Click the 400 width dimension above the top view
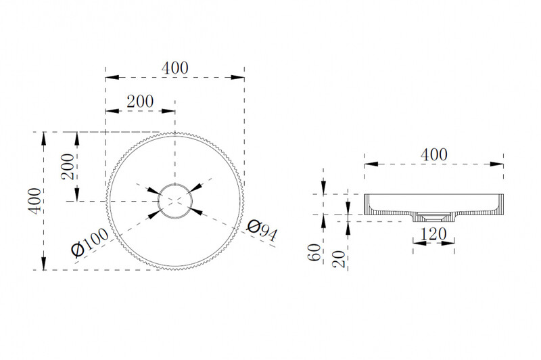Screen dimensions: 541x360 click(175, 68)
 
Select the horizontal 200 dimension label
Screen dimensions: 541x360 click(140, 102)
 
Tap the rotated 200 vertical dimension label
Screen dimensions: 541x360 click(68, 166)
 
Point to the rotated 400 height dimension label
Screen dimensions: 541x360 click(34, 201)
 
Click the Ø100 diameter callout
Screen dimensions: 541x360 click(89, 243)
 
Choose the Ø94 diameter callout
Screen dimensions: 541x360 click(262, 231)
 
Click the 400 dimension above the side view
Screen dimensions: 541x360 click(434, 155)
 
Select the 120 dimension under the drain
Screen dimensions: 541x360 click(433, 234)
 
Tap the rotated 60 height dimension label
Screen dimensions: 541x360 click(314, 252)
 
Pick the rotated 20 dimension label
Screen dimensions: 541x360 click(339, 259)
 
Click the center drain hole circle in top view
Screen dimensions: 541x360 click(175, 201)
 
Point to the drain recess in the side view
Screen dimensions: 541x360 click(433, 217)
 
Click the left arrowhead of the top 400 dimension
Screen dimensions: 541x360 click(112, 77)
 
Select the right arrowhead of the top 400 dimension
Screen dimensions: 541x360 click(238, 77)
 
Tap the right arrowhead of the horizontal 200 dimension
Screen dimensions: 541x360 click(168, 111)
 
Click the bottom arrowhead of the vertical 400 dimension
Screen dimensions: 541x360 click(43, 263)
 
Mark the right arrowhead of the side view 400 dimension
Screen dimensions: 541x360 click(497, 164)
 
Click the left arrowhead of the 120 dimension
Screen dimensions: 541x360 click(419, 243)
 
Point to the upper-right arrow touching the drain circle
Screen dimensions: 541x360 click(195, 187)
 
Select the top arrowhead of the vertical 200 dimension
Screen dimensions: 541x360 click(77, 139)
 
